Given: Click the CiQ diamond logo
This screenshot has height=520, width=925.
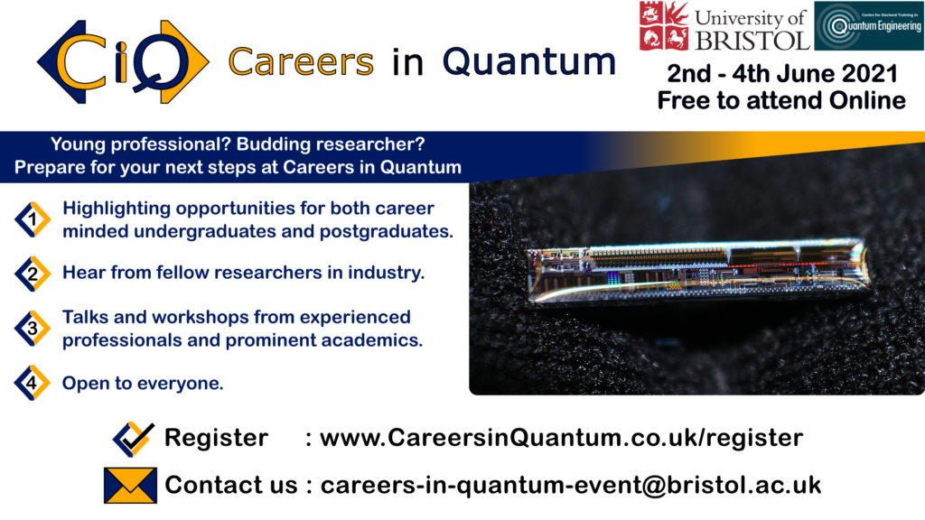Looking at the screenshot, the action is [x=123, y=62].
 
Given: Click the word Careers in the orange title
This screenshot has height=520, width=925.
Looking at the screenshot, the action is [x=301, y=62].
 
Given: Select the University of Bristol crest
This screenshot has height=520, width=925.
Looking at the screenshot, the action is [x=664, y=26].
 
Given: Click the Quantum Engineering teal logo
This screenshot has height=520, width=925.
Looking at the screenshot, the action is [x=869, y=26].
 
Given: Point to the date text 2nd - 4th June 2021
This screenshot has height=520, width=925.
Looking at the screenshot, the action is [x=782, y=74].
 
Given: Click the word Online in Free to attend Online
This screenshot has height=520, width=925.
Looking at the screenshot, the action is [x=867, y=100].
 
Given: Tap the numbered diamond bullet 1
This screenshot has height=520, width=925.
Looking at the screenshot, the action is [x=33, y=219].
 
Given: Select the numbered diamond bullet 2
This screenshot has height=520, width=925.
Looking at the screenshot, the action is [x=33, y=274].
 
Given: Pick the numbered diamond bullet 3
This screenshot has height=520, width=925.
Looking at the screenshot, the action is [x=33, y=329].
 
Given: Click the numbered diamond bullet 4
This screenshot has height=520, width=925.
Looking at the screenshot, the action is [x=33, y=383].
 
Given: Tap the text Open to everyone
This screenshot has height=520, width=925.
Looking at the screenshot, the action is [x=143, y=383].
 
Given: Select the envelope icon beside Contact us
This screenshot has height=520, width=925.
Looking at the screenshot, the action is [x=130, y=485].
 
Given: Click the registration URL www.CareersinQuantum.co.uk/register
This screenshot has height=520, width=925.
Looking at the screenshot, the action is [x=561, y=438].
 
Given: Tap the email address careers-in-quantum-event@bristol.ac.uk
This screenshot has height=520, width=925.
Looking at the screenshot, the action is [x=571, y=485].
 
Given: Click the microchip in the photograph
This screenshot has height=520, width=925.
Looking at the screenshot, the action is [x=697, y=270].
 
